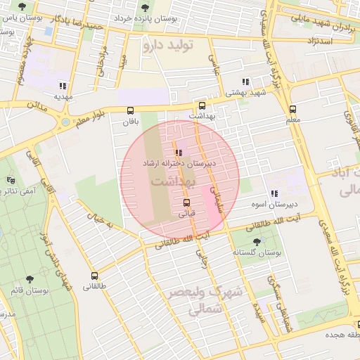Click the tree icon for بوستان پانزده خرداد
tap(145, 8)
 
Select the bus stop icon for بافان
tap(130, 110)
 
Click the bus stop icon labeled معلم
tap(292, 109)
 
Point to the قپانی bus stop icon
tap(186, 202)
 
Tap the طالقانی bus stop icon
tap(94, 276)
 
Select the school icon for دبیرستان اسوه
tap(274, 193)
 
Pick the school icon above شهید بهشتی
tap(245, 82)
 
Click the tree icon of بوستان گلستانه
tap(256, 241)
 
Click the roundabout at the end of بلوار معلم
tap(65, 122)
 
